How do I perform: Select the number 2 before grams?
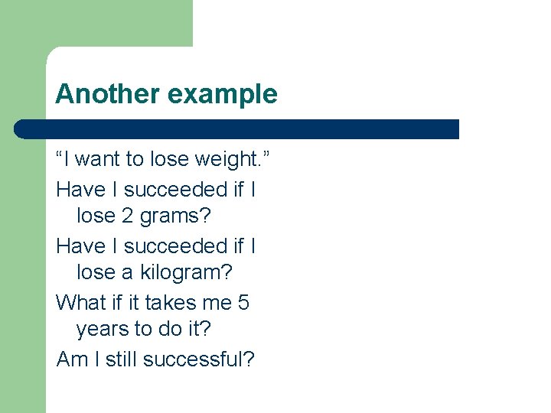128,216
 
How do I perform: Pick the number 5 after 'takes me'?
243,303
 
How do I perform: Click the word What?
80,303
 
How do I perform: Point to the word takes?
170,303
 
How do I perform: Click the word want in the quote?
99,161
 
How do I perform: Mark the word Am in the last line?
73,359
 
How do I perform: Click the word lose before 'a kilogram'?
96,274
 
